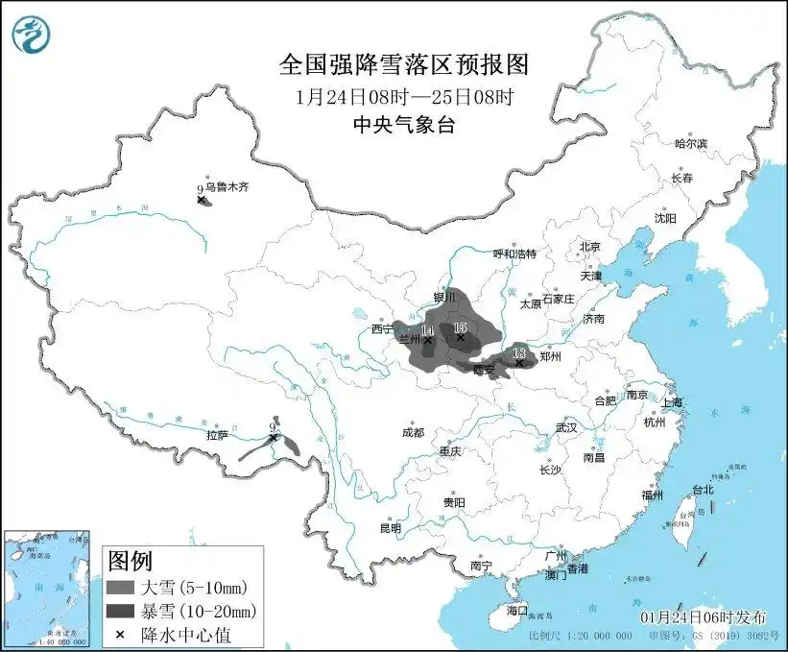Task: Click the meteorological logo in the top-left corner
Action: coord(31,36)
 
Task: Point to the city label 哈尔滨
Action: coord(690,143)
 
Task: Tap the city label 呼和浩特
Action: coord(514,254)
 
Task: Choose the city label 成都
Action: coord(413,432)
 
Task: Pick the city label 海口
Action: coord(517,610)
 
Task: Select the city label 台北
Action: coord(703,489)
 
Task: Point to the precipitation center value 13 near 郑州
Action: coord(519,353)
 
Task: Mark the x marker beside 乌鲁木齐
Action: coord(201,201)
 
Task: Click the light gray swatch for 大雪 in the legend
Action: coord(120,587)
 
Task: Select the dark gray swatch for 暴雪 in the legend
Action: coord(120,611)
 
